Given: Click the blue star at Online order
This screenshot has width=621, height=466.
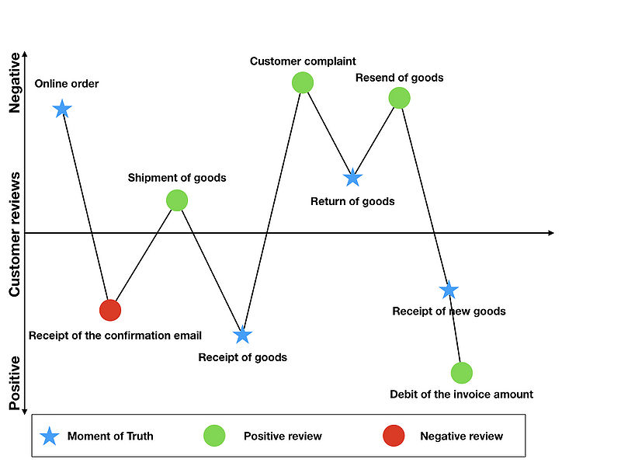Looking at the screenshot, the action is [x=62, y=109].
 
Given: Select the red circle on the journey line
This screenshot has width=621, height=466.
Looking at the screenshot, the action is [x=110, y=310].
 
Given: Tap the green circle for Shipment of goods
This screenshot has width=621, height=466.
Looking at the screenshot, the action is [x=177, y=200].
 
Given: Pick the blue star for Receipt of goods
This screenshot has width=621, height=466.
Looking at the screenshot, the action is [x=242, y=335].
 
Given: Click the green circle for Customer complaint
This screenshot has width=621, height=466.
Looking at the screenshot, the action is [x=303, y=82].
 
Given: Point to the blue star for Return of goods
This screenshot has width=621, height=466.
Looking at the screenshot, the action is [x=352, y=178].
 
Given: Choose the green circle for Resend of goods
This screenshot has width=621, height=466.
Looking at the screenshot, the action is [x=399, y=98].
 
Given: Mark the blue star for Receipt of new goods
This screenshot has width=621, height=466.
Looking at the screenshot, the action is [x=449, y=290].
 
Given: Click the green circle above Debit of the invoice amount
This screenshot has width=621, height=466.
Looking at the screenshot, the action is [x=462, y=373].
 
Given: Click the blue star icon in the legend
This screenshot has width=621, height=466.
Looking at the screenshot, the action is [x=50, y=436].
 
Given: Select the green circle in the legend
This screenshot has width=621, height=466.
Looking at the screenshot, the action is [x=214, y=436].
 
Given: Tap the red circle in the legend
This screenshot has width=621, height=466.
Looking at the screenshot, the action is [x=394, y=436].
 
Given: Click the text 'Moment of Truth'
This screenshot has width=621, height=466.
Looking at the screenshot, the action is [x=110, y=436].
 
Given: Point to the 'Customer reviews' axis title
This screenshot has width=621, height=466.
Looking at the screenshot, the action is [x=15, y=235].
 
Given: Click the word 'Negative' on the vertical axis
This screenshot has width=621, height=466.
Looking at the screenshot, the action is [x=15, y=83].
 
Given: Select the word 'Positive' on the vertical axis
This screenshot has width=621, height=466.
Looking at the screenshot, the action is [x=15, y=383].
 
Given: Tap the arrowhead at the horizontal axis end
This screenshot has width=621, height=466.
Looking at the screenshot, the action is [x=551, y=233].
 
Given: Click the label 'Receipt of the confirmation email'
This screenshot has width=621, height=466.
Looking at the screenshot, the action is [x=115, y=336].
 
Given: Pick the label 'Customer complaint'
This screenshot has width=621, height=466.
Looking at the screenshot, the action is [x=303, y=61].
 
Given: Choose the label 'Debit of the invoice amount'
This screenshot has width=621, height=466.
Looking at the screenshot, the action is [x=461, y=395].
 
